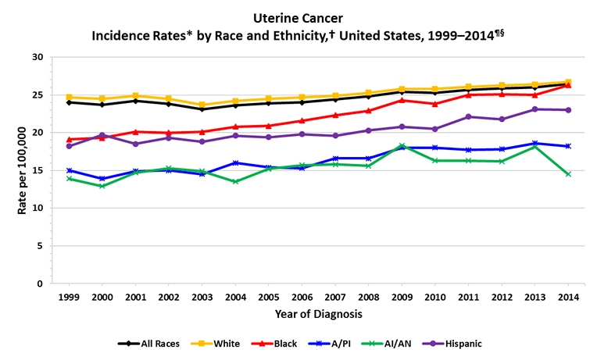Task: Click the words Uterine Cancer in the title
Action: (298, 16)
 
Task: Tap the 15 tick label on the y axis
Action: (38, 170)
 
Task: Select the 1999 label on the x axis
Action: (70, 298)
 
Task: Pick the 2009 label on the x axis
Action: (402, 298)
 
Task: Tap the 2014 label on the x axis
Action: (568, 298)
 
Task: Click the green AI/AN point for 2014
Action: (568, 174)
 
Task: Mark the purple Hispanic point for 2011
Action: (468, 117)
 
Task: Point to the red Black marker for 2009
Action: (402, 100)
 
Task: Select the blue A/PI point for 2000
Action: (102, 179)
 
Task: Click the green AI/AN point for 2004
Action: (235, 182)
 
